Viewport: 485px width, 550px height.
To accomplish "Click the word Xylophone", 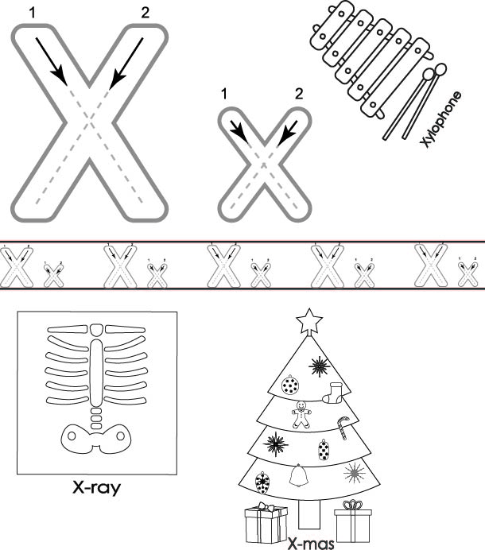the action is click(441, 119).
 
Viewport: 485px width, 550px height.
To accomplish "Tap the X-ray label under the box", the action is click(96, 488).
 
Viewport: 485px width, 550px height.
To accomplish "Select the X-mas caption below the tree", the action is click(311, 544).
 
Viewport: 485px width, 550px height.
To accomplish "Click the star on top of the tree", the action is click(309, 321).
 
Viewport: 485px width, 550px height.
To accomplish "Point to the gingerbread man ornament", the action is click(301, 415).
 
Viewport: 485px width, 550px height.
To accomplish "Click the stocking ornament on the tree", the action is click(332, 393).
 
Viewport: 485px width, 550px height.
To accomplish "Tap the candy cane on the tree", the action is click(343, 428).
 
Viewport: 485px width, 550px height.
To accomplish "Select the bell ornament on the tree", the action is click(299, 475).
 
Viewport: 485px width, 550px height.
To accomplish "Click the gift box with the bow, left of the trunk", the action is click(266, 524).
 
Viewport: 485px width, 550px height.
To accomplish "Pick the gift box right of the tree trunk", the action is click(353, 521).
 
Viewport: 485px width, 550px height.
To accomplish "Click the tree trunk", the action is click(309, 514).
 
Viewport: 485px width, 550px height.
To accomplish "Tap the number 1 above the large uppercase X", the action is click(33, 13).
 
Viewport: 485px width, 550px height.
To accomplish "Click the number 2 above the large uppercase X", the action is click(145, 13).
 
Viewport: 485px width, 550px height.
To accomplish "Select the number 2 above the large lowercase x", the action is click(299, 94).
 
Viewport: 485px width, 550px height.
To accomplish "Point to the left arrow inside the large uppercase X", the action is click(51, 61).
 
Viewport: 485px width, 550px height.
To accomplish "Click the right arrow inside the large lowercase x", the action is click(287, 134).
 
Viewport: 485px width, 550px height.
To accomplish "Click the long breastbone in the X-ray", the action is click(96, 373).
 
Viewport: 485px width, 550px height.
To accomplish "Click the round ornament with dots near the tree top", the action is click(290, 385).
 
